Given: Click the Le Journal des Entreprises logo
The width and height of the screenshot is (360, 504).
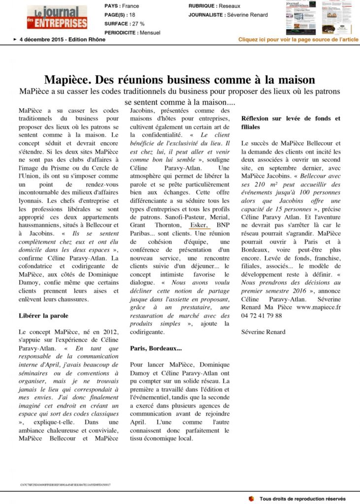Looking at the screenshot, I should (x=57, y=17).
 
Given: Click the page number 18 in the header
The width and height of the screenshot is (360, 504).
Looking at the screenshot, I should (x=132, y=15).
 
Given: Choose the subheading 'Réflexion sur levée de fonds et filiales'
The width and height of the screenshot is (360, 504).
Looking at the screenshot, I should (x=291, y=123).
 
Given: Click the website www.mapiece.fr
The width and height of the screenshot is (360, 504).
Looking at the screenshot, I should (x=319, y=307).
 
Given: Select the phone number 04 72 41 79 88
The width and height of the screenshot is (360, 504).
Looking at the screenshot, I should (x=262, y=315).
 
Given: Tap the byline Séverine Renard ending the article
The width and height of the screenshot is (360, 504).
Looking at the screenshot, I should (x=263, y=332).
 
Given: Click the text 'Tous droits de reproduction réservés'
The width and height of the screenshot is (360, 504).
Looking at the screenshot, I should (x=302, y=499).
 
